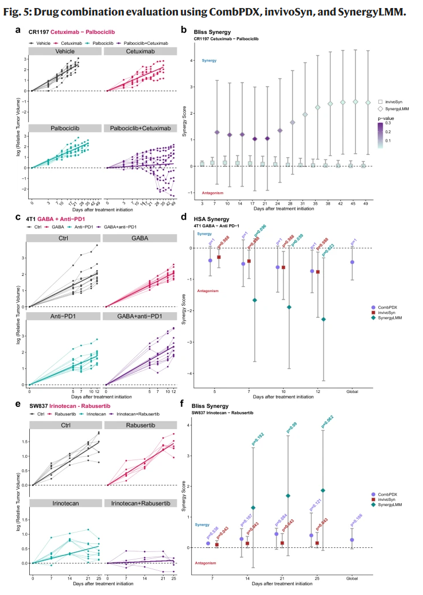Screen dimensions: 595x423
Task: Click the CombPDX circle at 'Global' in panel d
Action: pos(351,262)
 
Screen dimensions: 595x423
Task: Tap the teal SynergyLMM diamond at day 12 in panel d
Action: pos(324,319)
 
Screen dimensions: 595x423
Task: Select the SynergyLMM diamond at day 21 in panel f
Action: pos(288,496)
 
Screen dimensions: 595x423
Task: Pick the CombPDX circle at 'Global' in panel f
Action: pos(351,540)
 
